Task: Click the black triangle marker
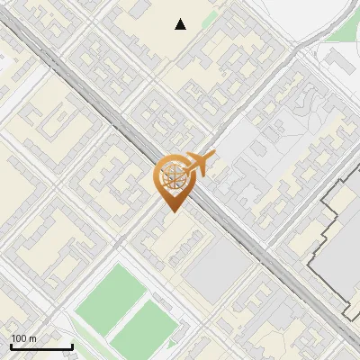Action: click(181, 24)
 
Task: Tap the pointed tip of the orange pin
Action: click(171, 211)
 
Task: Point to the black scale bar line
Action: click(41, 346)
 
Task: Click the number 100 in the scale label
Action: click(19, 338)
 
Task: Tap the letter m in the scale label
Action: click(32, 338)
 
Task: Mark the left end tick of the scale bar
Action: click(11, 346)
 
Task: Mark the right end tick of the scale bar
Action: click(72, 346)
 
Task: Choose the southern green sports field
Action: click(141, 328)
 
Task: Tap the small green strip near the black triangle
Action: click(210, 19)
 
